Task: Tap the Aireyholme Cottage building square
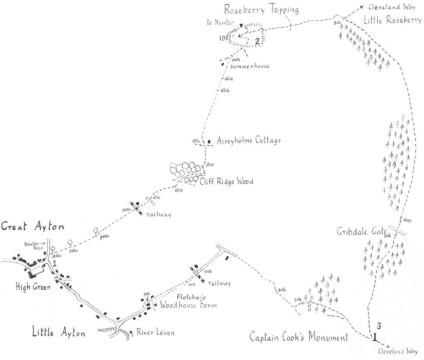click(209, 141)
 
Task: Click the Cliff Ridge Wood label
click(226, 182)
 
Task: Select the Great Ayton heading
click(32, 226)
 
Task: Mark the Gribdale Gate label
click(361, 231)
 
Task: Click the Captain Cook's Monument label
click(299, 337)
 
